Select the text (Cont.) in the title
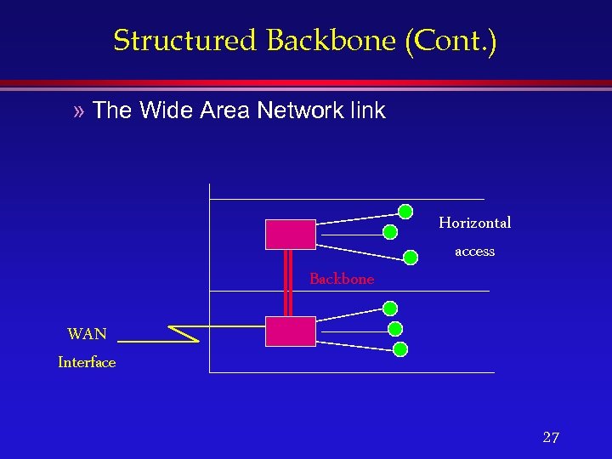click(451, 40)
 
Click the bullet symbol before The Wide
click(80, 110)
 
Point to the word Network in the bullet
click(290, 110)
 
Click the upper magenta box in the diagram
click(290, 234)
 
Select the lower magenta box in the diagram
click(290, 331)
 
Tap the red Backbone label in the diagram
click(341, 279)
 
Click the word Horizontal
click(474, 223)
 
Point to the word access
click(474, 252)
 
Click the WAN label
click(87, 334)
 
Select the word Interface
click(87, 363)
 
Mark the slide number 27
click(551, 438)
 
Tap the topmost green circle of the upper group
click(406, 212)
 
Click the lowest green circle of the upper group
click(411, 257)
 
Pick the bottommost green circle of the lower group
click(400, 348)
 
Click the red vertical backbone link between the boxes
click(288, 283)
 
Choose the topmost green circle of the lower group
click(389, 309)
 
